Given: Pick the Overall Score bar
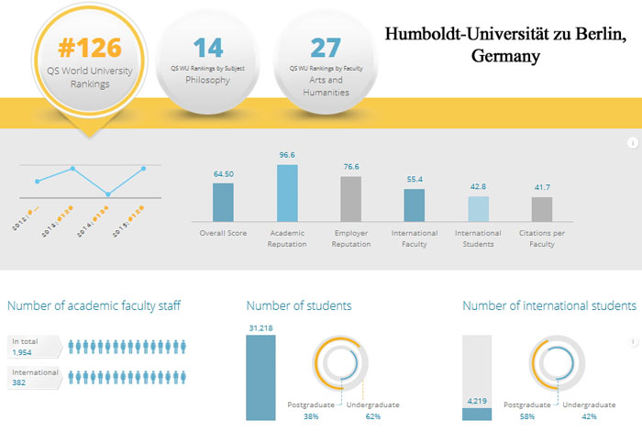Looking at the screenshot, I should pyautogui.click(x=223, y=202).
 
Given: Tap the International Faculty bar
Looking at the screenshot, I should pyautogui.click(x=415, y=205).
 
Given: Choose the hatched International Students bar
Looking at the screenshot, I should pyautogui.click(x=479, y=209).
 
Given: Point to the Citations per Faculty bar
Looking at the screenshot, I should pyautogui.click(x=542, y=209).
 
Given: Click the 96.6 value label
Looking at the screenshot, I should pyautogui.click(x=287, y=156).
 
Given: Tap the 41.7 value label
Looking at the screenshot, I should pyautogui.click(x=542, y=188).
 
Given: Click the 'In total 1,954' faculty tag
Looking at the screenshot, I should pyautogui.click(x=33, y=347).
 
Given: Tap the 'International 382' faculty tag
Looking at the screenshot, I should pyautogui.click(x=35, y=378).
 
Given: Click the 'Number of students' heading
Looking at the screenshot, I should pyautogui.click(x=299, y=305).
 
